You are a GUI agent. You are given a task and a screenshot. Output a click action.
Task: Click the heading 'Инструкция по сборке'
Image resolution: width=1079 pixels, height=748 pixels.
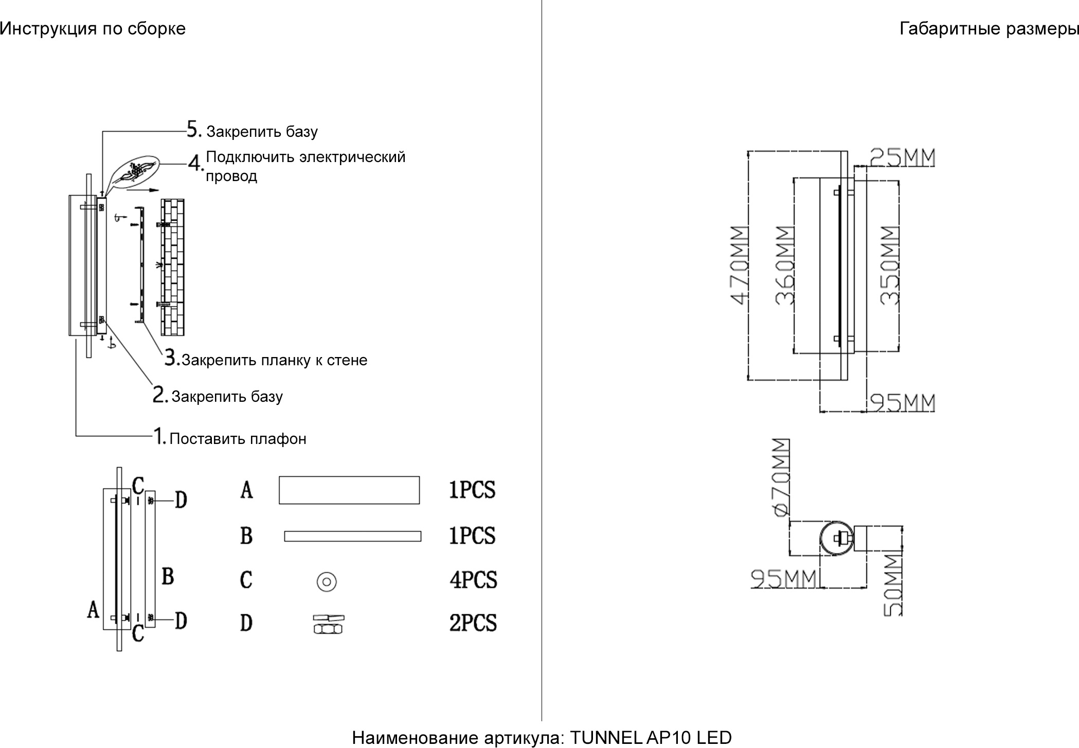(93, 29)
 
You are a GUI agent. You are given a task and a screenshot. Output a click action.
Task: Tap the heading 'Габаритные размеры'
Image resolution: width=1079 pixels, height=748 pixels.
(988, 29)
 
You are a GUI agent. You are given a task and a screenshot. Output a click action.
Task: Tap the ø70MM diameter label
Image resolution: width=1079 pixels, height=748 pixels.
(781, 477)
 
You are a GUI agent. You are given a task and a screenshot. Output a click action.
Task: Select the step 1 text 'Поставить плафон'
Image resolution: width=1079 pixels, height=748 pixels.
(238, 439)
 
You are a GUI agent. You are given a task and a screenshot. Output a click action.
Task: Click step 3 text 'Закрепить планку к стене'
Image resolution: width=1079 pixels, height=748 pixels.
(274, 360)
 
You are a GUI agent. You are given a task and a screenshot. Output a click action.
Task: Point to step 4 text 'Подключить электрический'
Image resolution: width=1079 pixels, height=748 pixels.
(305, 157)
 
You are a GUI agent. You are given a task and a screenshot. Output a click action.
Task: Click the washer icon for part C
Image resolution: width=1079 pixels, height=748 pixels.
(327, 582)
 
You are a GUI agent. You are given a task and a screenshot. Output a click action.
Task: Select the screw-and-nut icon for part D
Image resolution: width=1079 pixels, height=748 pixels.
(329, 624)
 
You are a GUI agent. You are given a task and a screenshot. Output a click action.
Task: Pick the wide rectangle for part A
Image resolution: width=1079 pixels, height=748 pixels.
(349, 490)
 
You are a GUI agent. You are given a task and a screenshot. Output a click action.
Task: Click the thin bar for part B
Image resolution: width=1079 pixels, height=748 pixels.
(352, 536)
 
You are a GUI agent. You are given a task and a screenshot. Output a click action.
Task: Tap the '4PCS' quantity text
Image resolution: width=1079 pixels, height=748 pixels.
(473, 580)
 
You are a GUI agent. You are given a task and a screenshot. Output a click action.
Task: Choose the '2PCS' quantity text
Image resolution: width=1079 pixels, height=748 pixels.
(473, 622)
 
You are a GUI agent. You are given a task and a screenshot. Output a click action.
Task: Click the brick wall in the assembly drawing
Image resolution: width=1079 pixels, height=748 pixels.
(172, 267)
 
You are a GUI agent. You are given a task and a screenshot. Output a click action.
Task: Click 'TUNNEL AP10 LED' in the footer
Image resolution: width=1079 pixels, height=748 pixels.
(651, 738)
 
